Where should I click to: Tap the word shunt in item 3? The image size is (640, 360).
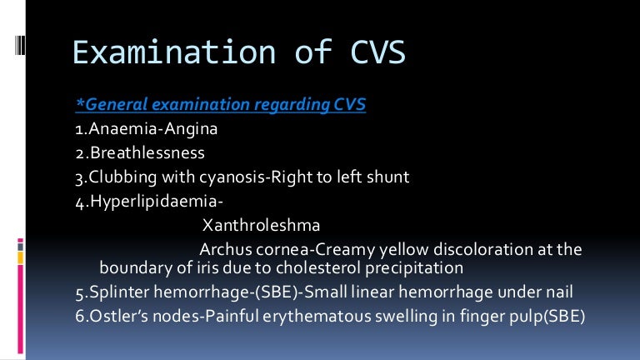pos(387,177)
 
